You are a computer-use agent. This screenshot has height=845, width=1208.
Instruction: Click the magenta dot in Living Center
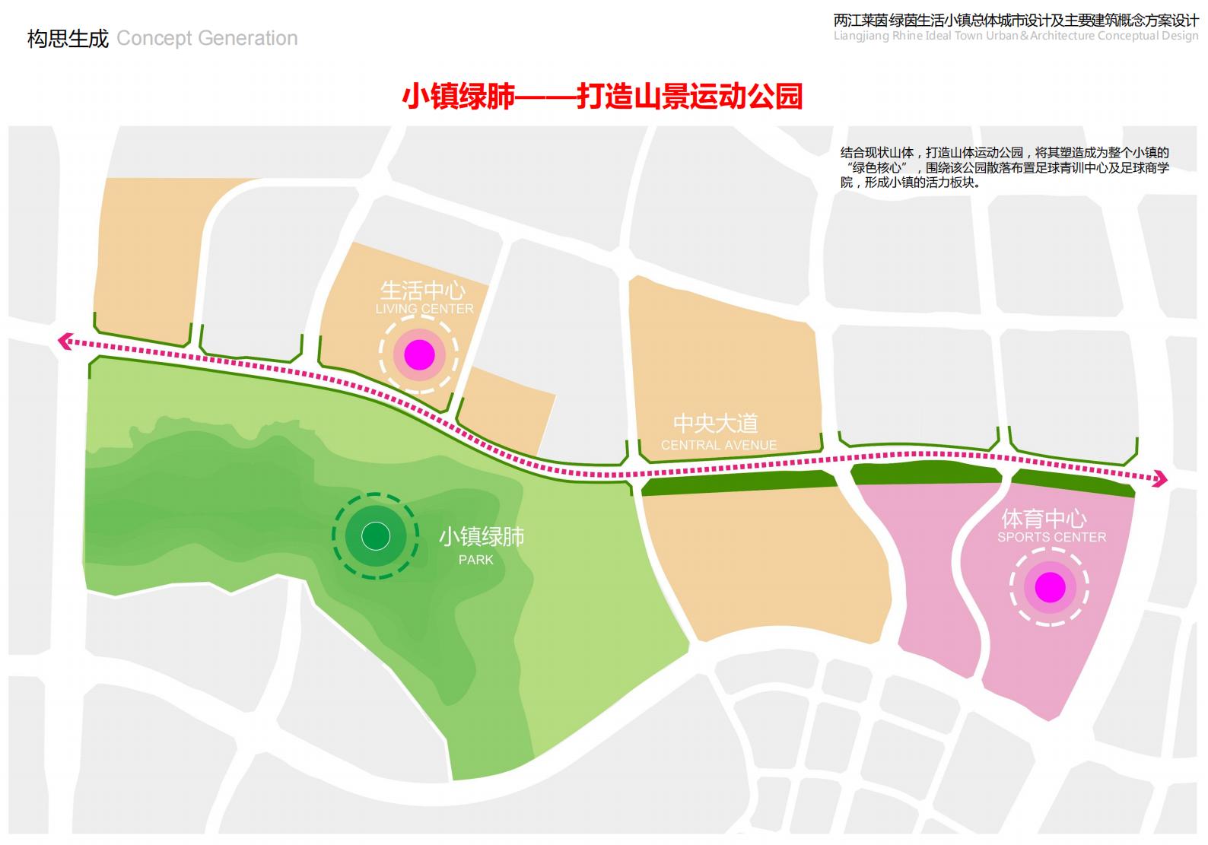pos(419,354)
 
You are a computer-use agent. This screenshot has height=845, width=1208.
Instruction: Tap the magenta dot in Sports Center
pos(1050,586)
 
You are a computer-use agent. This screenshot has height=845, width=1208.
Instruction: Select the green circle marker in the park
pos(375,536)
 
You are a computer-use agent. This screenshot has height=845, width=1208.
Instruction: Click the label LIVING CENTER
pos(424,309)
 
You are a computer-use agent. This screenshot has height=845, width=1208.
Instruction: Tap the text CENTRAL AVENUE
pos(719,445)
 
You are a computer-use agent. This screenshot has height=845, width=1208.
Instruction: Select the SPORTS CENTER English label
pos(1052,537)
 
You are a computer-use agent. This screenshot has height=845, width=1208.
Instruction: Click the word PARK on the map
pos(476,560)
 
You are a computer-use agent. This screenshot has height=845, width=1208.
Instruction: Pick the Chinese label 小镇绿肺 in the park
pos(482,537)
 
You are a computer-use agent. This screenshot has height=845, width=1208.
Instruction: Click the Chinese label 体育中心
pos(1044,519)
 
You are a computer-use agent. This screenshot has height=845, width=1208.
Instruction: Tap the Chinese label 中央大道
pos(716,424)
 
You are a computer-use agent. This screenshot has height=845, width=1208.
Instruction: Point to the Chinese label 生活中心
pos(423,290)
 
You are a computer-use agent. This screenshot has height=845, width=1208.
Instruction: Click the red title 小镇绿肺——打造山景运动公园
pos(602,97)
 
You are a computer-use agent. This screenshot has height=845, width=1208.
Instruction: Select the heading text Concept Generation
pos(207,38)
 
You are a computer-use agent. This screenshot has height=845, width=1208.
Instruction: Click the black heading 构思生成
pos(68,38)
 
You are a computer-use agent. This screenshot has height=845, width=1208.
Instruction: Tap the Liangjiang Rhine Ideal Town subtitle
pos(1016,36)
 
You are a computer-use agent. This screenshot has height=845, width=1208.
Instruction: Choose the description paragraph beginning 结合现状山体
pos(1004,167)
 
